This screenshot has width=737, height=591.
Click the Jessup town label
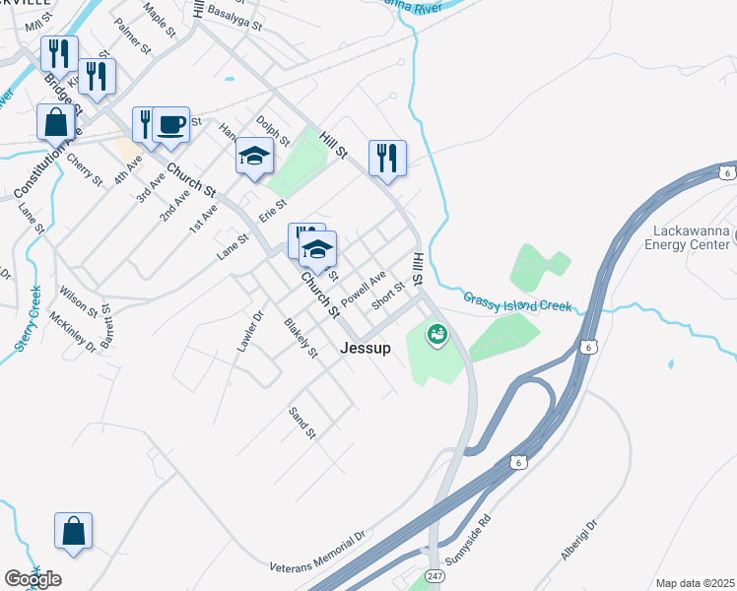(366, 348)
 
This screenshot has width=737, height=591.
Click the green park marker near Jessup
(435, 335)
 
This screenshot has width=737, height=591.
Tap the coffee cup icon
(171, 125)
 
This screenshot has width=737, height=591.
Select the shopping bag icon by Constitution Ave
(55, 123)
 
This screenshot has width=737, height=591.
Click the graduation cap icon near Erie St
(254, 156)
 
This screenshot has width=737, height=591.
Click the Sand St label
(301, 423)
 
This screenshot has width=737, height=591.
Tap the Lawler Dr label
(251, 332)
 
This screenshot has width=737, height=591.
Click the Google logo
(33, 579)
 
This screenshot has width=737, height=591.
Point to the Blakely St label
(301, 338)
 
